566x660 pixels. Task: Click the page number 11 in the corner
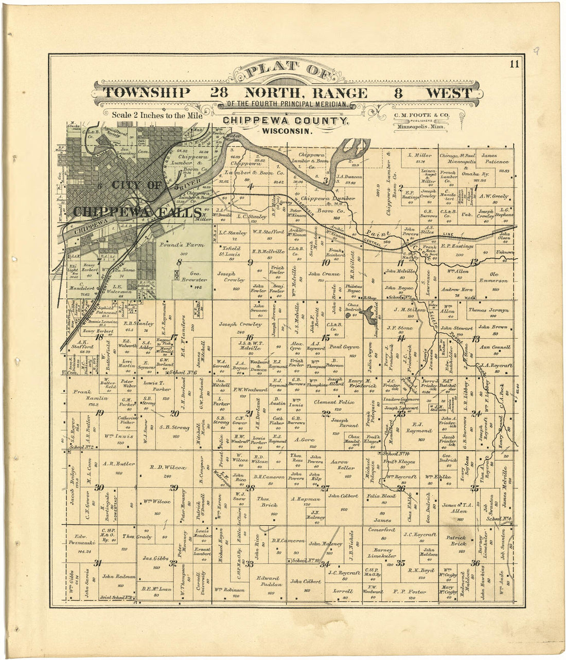pyautogui.click(x=515, y=64)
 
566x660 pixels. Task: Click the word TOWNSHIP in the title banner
pyautogui.click(x=147, y=93)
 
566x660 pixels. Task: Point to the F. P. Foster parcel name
pyautogui.click(x=410, y=591)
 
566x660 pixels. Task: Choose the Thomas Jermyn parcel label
pyautogui.click(x=488, y=310)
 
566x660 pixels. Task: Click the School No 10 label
pyautogui.click(x=306, y=560)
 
